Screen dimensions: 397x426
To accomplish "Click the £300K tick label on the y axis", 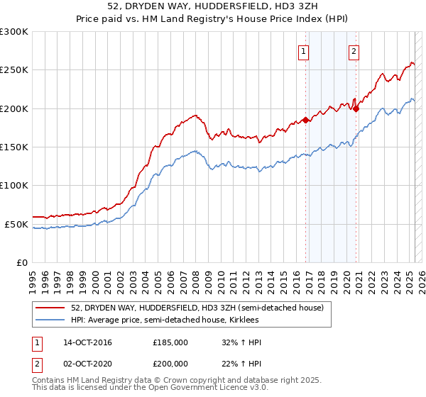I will coord(14,32).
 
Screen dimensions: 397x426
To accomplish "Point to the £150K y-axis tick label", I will coord(14,147).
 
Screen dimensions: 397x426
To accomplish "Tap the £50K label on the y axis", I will coord(16,224).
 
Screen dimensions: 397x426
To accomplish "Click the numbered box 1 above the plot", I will coord(304,50).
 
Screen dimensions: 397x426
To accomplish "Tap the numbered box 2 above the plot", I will coord(354,50).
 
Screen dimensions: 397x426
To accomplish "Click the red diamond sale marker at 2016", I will coord(306,121).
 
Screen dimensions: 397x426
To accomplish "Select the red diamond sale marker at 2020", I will coord(356,108).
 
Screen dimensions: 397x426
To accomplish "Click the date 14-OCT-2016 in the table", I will coord(87,342).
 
